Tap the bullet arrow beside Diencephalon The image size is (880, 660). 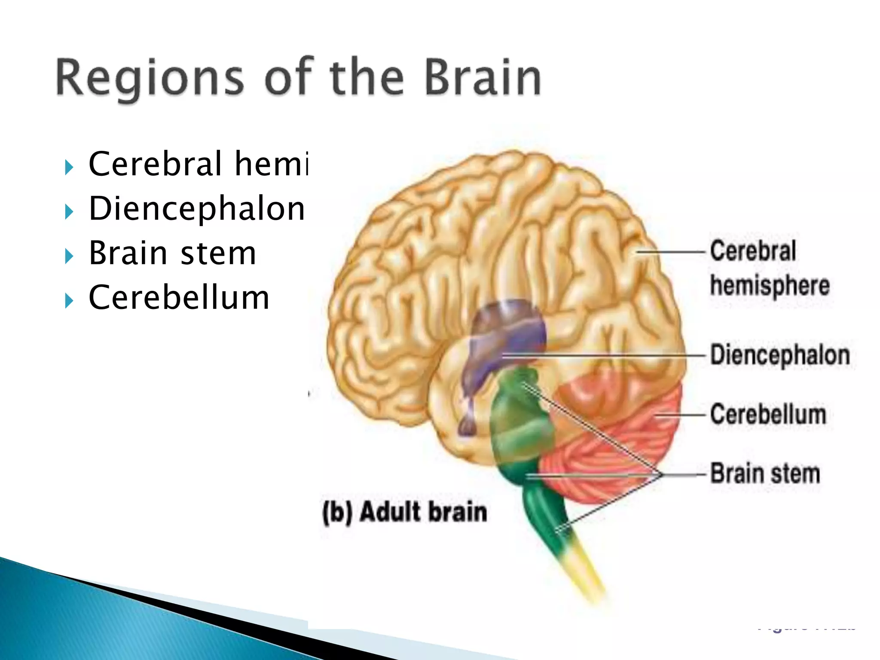click(69, 211)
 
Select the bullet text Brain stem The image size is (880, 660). click(172, 253)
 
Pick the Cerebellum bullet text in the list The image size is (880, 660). click(179, 297)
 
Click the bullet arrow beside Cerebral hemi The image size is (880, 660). click(69, 167)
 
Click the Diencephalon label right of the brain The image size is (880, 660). click(779, 355)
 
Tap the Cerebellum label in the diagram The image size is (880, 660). click(768, 415)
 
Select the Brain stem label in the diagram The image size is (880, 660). click(765, 474)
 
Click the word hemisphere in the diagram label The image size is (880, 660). click(770, 286)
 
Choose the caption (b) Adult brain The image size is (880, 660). click(404, 512)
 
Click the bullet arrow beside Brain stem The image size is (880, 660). click(69, 257)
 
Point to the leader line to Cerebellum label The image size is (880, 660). click(681, 415)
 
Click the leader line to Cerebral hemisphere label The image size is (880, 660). click(670, 252)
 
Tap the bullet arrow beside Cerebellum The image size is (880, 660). click(69, 301)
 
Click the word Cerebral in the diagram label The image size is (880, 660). click(753, 251)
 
